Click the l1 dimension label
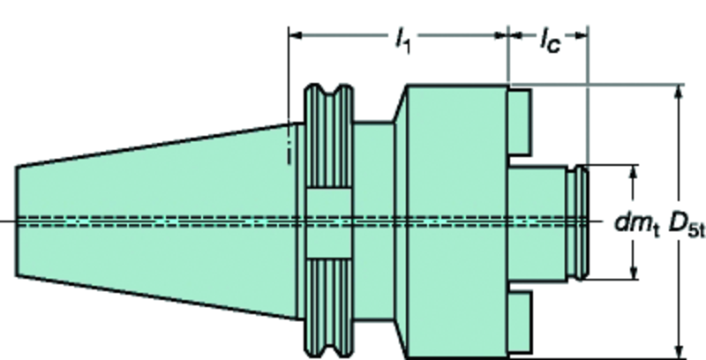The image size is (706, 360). pos(402,39)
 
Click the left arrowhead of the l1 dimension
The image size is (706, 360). pos(297,35)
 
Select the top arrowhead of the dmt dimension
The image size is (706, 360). pos(633,170)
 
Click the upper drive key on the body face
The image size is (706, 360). pos(519,120)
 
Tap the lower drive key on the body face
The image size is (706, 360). pos(519,323)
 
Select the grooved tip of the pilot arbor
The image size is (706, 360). pos(579,221)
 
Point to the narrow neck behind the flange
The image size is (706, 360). pos(375,221)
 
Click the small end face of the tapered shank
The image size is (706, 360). pos(19,221)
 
